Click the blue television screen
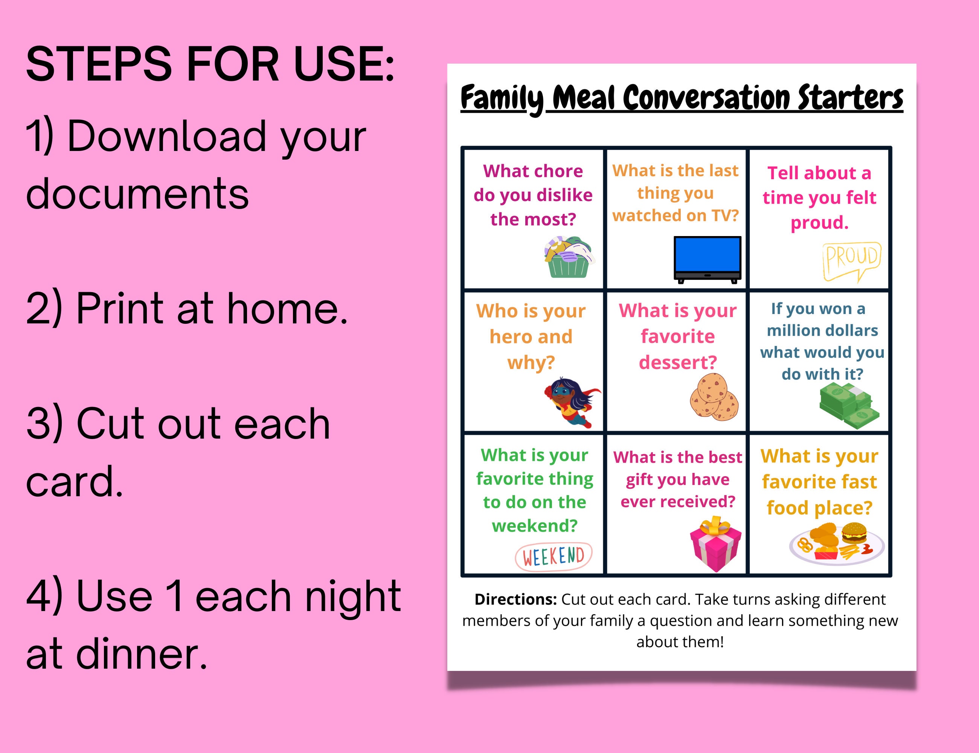tap(708, 254)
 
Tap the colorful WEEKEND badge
tap(554, 556)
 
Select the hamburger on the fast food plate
tap(854, 534)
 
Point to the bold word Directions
tap(515, 599)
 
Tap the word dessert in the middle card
tap(677, 362)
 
